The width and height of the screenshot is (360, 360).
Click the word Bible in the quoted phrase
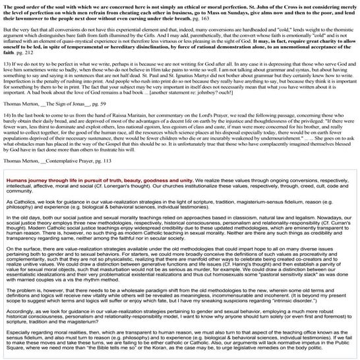pos(121,347)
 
